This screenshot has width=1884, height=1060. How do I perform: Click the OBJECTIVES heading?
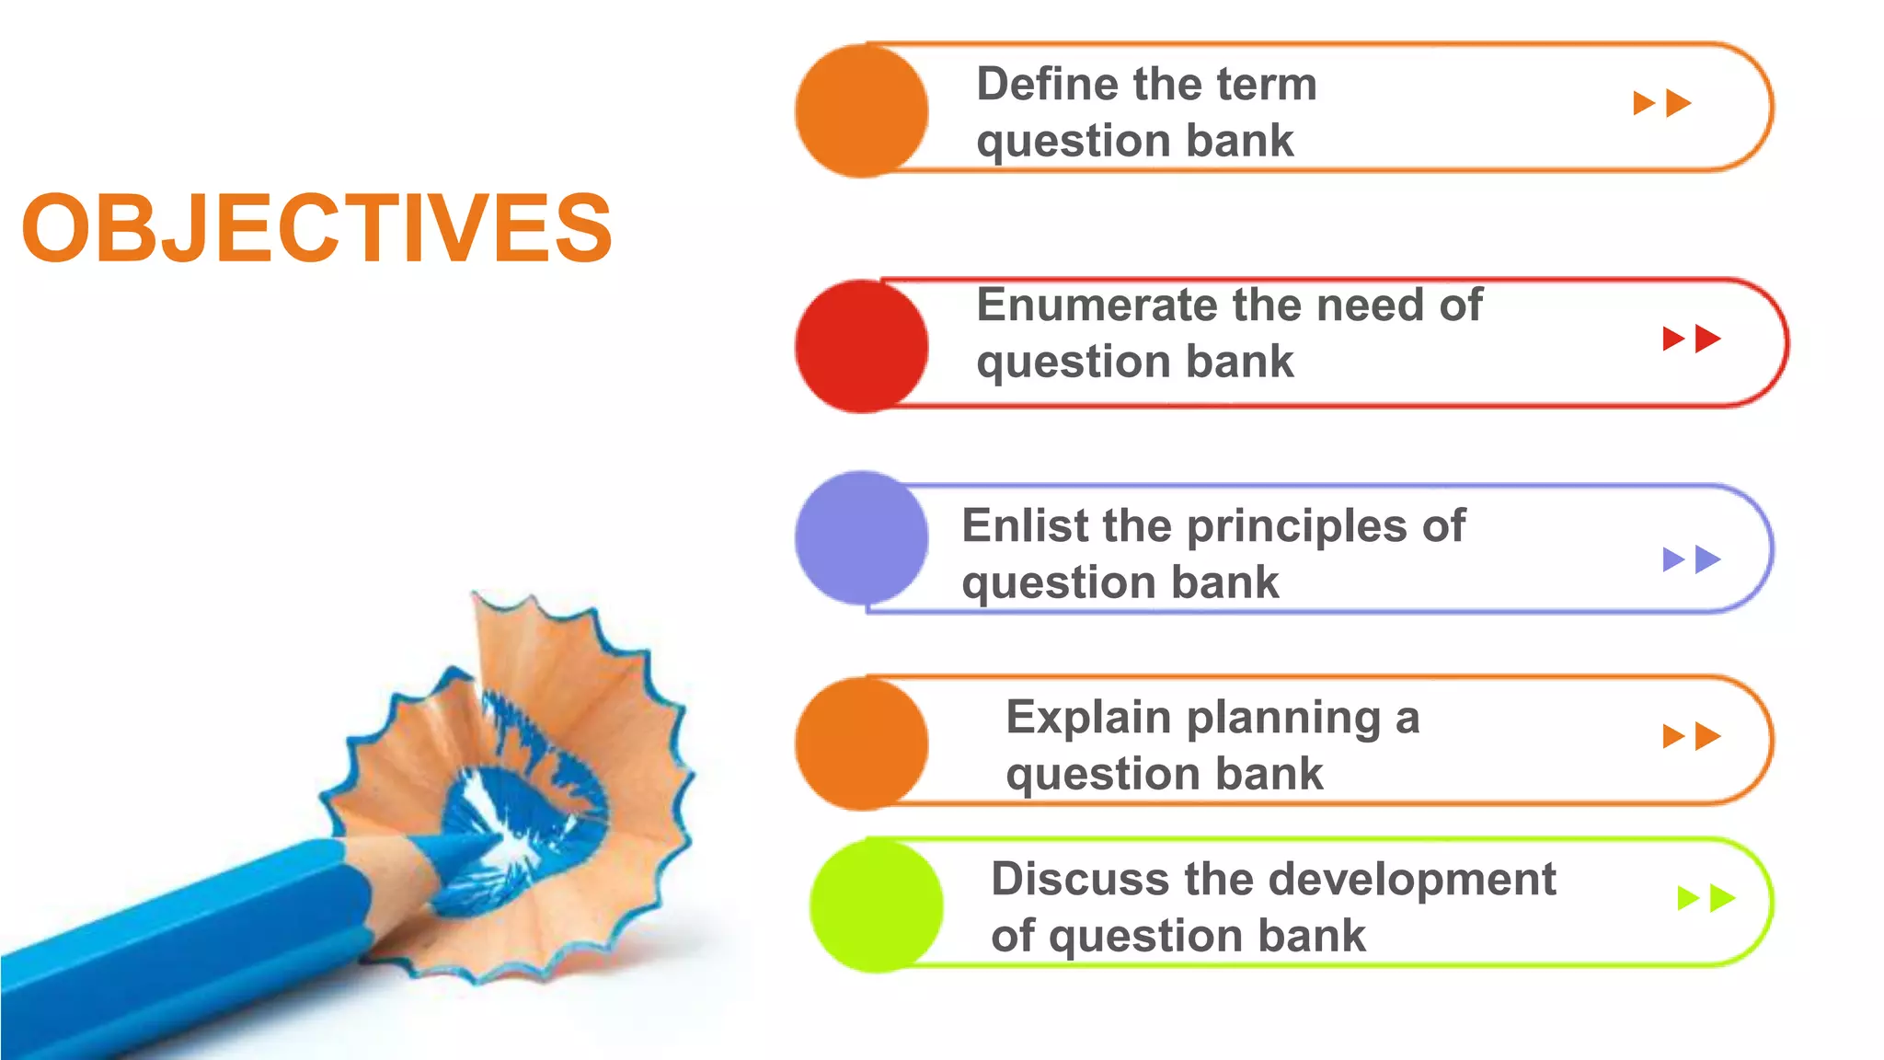point(317,228)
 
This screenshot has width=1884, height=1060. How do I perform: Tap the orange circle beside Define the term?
point(861,110)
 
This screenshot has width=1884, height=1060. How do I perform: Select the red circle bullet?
point(861,346)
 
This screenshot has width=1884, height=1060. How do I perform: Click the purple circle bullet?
point(861,538)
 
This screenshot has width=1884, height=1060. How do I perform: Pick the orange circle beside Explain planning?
point(861,743)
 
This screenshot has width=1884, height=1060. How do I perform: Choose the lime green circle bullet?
point(876,905)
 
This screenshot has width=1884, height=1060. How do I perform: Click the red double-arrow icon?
point(1691,339)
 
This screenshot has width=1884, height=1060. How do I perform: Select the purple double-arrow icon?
point(1691,559)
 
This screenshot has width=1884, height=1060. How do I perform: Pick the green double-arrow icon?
point(1706,898)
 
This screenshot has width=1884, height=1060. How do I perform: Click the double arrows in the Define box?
point(1661,103)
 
